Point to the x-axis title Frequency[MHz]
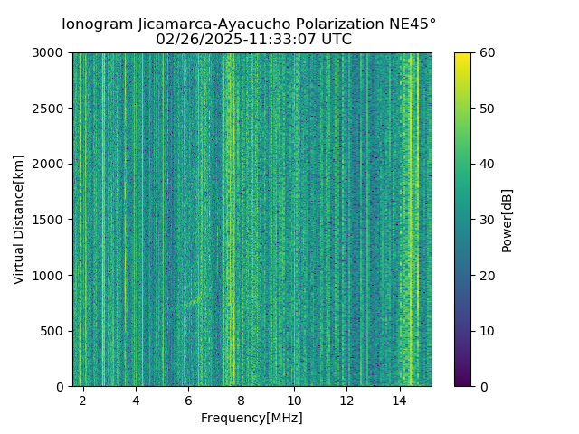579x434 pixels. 252,418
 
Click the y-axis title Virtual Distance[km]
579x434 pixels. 19,220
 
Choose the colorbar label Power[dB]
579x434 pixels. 507,220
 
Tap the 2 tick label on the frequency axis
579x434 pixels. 83,399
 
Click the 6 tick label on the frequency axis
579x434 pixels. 188,399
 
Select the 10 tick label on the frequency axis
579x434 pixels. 294,399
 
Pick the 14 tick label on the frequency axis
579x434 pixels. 399,399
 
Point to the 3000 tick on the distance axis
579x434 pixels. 50,53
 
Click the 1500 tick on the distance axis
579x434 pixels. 50,220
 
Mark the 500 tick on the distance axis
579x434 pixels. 53,331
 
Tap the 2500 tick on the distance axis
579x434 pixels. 50,108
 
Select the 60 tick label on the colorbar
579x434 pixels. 486,53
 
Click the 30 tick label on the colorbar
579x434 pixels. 486,220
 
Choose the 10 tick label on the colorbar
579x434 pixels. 486,331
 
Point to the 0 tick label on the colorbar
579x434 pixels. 482,386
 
